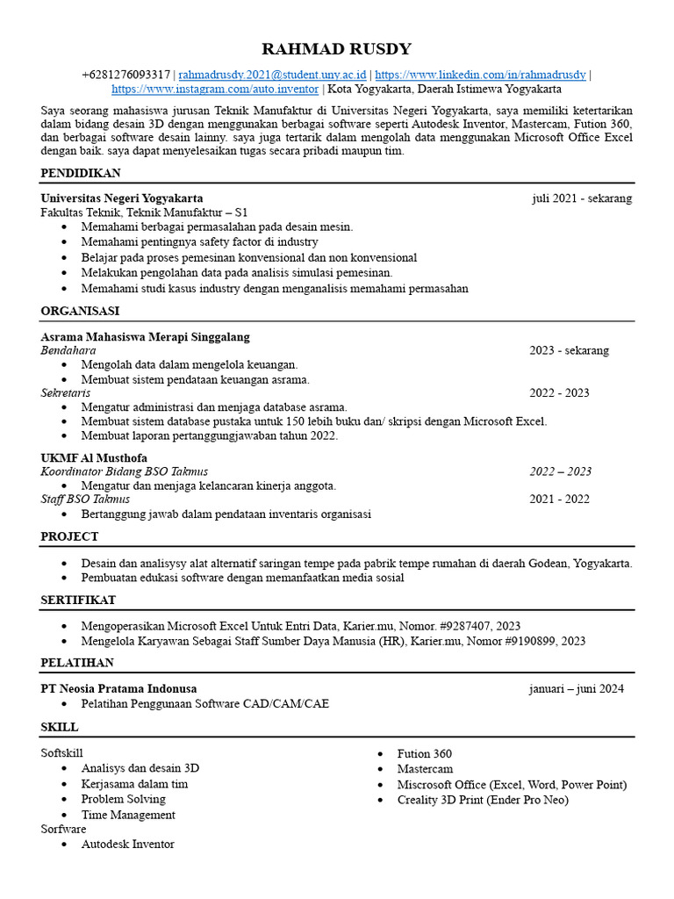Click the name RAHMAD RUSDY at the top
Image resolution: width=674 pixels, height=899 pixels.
pyautogui.click(x=336, y=49)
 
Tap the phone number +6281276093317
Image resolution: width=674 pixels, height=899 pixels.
pyautogui.click(x=125, y=76)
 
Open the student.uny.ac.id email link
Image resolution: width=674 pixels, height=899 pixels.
pyautogui.click(x=272, y=76)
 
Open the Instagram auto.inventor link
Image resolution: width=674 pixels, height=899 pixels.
pyautogui.click(x=216, y=90)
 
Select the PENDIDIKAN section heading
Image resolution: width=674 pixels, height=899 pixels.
pyautogui.click(x=81, y=173)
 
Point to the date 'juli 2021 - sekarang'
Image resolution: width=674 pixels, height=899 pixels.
pyautogui.click(x=581, y=198)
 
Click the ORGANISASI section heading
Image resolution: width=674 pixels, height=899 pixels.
pyautogui.click(x=80, y=311)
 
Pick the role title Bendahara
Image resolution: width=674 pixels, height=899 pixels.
pyautogui.click(x=68, y=350)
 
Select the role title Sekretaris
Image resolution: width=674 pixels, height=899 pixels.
pyautogui.click(x=66, y=392)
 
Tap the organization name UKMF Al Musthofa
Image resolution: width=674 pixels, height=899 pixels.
pyautogui.click(x=94, y=457)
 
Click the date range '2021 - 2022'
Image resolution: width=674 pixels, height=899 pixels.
pyautogui.click(x=559, y=500)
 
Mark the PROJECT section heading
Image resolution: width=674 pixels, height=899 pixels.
pyautogui.click(x=69, y=536)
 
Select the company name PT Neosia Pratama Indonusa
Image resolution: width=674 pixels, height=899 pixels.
pyautogui.click(x=118, y=688)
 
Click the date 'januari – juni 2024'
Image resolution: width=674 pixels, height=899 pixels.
pyautogui.click(x=576, y=688)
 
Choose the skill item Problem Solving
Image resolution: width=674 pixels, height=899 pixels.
pyautogui.click(x=123, y=799)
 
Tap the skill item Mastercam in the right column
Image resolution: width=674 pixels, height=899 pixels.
pyautogui.click(x=425, y=769)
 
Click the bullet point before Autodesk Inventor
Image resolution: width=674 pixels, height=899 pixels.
pyautogui.click(x=66, y=845)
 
